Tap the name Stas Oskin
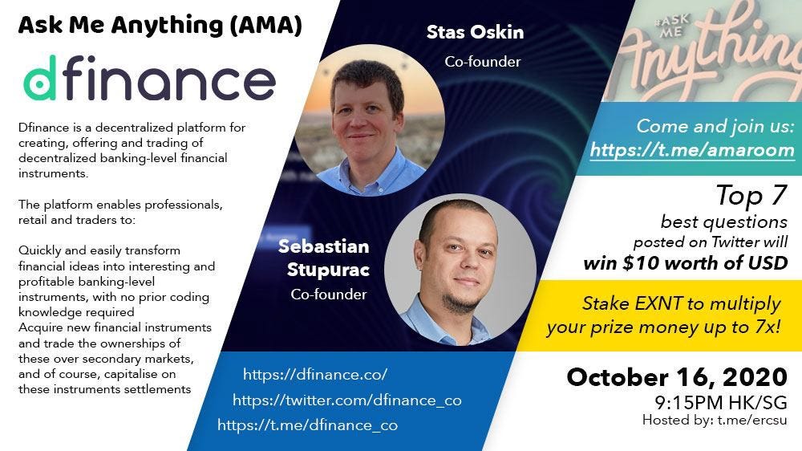pos(475,33)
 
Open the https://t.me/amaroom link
pos(692,150)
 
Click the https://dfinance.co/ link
pos(315,375)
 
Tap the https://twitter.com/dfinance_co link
pos(346,400)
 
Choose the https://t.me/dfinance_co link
pos(307,425)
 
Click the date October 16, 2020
pos(677,377)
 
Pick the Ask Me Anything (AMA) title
pos(160,26)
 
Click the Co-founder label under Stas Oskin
pos(483,62)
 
